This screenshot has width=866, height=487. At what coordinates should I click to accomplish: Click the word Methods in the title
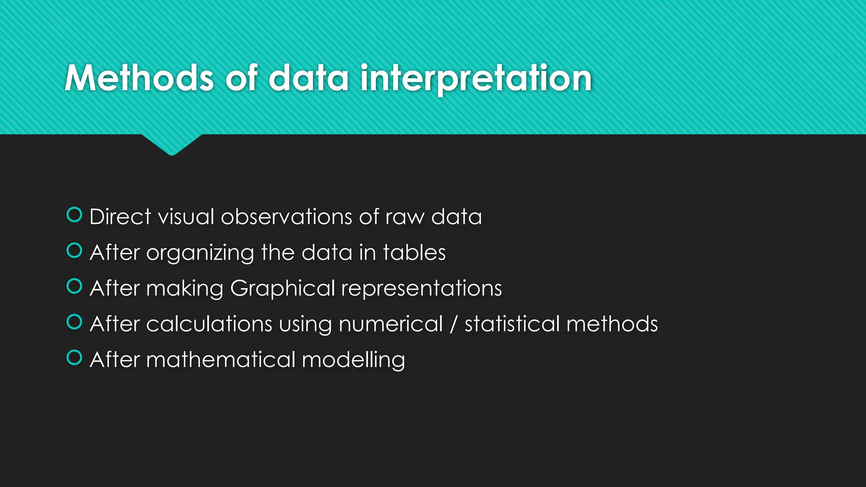[x=140, y=78]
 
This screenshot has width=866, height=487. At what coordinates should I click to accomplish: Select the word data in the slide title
[x=309, y=78]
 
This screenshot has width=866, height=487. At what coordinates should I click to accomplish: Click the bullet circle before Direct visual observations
[x=74, y=215]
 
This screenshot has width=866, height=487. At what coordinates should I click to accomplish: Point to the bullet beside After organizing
[x=74, y=251]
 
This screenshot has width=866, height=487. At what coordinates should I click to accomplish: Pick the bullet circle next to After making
[x=74, y=286]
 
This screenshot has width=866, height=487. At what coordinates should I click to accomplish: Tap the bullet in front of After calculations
[x=74, y=322]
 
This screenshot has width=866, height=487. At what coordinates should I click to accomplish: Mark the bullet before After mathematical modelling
[x=74, y=358]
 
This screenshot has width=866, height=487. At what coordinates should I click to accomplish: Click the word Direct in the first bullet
[x=120, y=217]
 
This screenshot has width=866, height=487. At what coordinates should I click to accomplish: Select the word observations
[x=286, y=217]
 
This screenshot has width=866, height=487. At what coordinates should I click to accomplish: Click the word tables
[x=414, y=252]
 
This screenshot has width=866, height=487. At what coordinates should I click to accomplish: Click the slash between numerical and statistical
[x=454, y=324]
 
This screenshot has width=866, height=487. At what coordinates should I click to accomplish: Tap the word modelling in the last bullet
[x=354, y=360]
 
